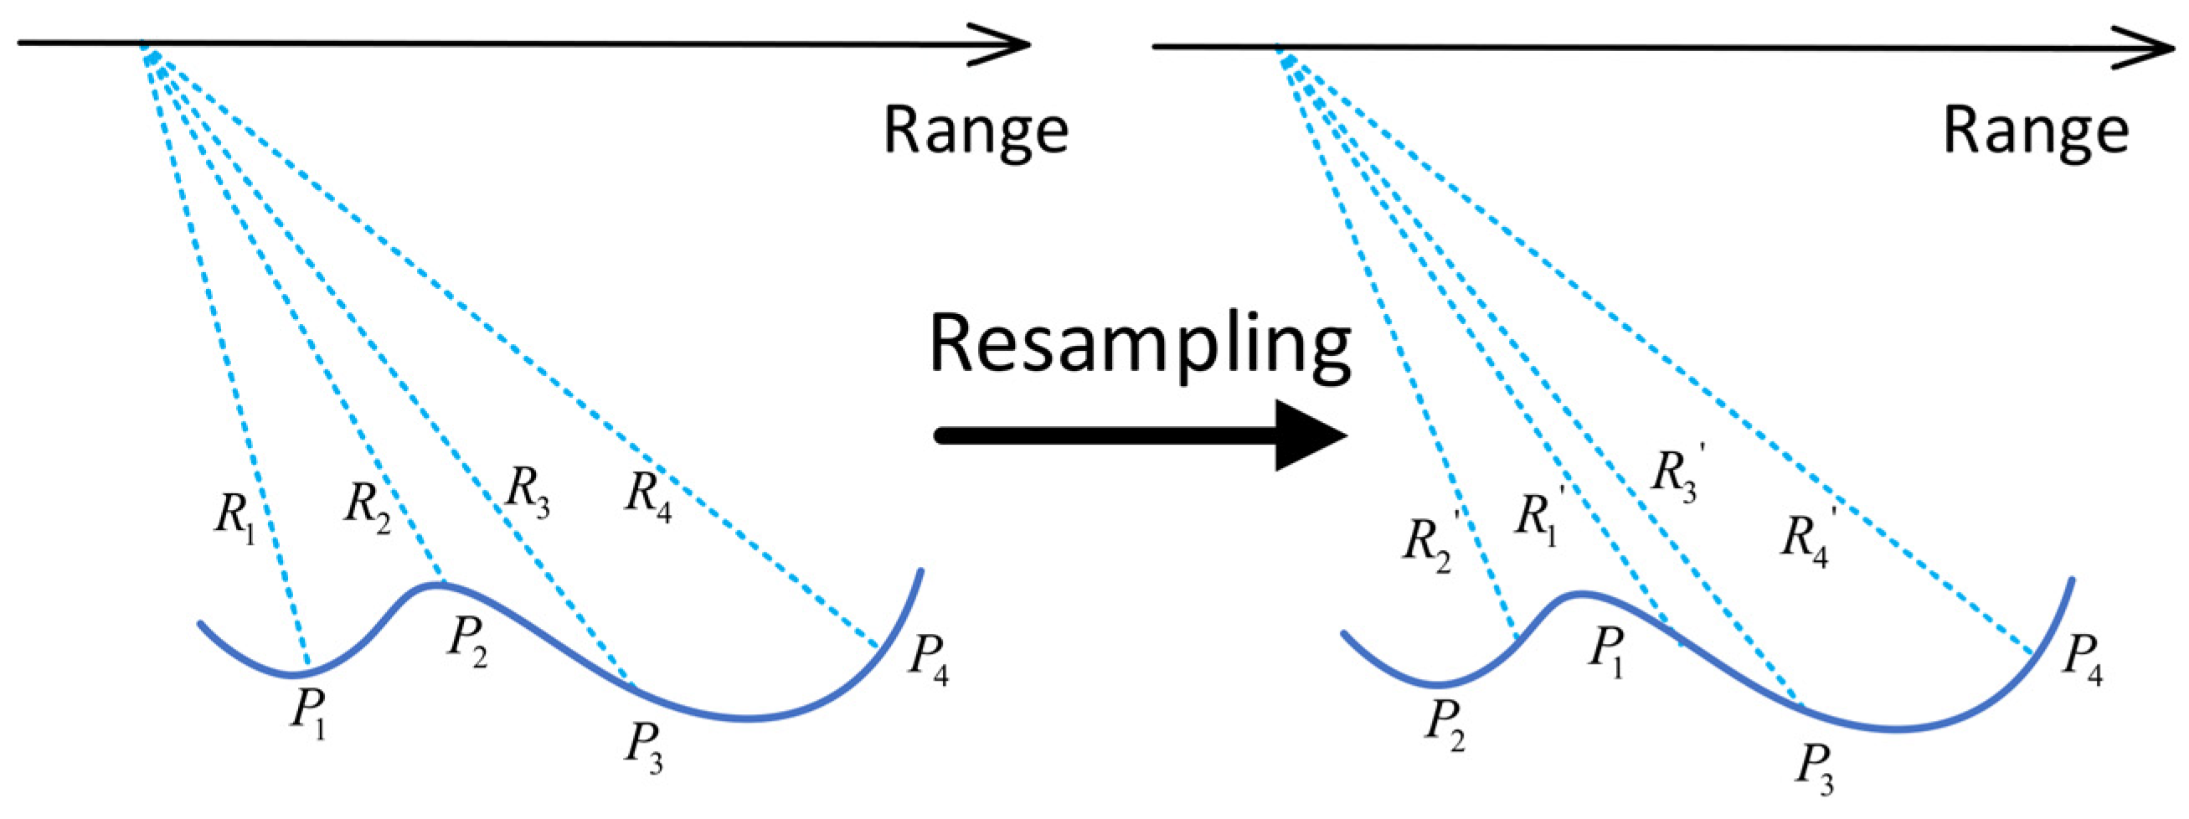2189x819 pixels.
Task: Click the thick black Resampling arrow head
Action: coord(1309,435)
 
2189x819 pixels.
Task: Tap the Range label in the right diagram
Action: coord(2036,131)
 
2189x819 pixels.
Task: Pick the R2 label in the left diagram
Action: coord(367,507)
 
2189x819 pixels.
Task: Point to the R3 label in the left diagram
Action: coord(527,492)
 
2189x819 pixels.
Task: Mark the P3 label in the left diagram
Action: coord(644,747)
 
